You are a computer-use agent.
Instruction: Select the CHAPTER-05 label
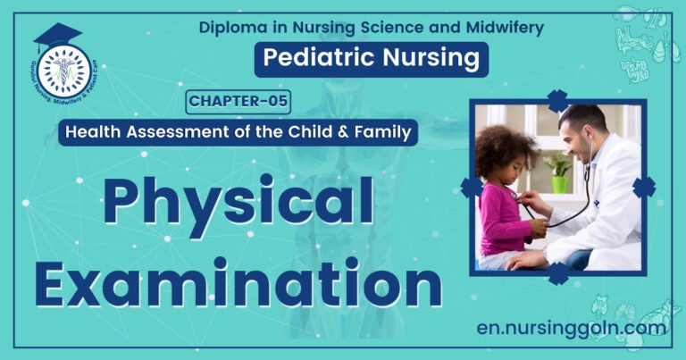click(238, 102)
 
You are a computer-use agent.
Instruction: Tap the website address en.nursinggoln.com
click(572, 328)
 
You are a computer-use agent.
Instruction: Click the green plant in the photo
click(560, 167)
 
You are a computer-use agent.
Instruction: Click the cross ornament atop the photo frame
click(558, 100)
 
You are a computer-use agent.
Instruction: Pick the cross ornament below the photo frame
click(558, 273)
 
